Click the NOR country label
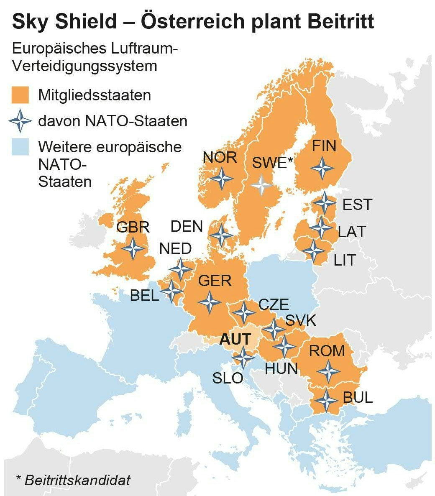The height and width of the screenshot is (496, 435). (x=220, y=158)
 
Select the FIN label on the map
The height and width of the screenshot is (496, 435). (x=324, y=146)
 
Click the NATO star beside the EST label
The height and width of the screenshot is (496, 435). (x=324, y=203)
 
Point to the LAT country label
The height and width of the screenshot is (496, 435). (x=352, y=232)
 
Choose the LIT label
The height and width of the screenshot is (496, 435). (x=344, y=261)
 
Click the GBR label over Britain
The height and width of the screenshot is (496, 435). (x=133, y=228)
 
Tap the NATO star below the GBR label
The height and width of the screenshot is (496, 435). (x=134, y=248)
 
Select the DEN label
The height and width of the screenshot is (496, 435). (x=187, y=227)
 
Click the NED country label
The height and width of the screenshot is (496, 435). (x=176, y=249)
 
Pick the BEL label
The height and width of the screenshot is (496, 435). (x=144, y=296)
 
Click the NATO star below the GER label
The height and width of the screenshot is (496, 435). (x=210, y=302)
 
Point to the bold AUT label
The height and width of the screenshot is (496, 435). (x=235, y=339)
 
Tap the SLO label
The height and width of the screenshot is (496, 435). (x=228, y=378)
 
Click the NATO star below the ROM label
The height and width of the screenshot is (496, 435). (x=328, y=371)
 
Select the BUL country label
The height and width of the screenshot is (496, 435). (x=358, y=397)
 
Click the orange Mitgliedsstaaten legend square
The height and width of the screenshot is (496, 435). (x=20, y=95)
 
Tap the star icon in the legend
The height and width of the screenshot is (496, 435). (x=20, y=121)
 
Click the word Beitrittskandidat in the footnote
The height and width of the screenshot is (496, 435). (x=77, y=480)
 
